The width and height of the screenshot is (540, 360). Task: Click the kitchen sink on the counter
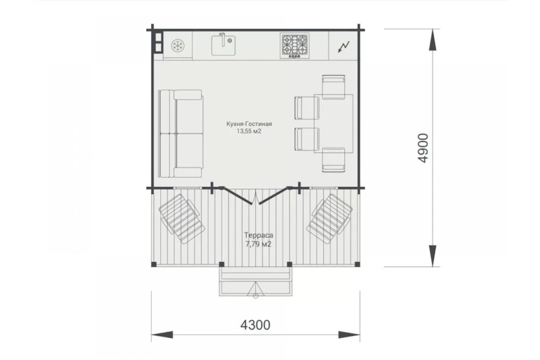pos(223,44)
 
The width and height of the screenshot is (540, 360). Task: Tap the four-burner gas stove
pos(294,45)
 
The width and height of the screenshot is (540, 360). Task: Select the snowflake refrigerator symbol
pos(178,46)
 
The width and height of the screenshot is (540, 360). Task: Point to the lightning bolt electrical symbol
pos(344,46)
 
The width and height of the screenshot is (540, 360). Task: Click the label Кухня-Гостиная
pos(249,124)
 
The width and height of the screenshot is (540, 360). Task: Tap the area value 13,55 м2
pos(249,131)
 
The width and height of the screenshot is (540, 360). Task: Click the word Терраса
pos(259,235)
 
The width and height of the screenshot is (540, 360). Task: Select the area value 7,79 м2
pos(259,244)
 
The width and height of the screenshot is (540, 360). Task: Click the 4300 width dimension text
pos(255,325)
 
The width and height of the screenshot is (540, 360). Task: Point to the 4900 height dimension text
pos(422,148)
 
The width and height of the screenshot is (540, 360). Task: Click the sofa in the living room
pos(181,134)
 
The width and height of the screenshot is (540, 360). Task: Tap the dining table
pos(334,123)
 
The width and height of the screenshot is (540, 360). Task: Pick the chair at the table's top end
pos(334,87)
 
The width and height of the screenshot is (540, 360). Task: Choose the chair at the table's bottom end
pos(334,160)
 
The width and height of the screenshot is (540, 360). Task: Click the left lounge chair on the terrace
pos(182,218)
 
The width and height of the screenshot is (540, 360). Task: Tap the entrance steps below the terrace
pos(255,281)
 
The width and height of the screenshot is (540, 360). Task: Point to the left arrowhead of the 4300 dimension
pos(162,335)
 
